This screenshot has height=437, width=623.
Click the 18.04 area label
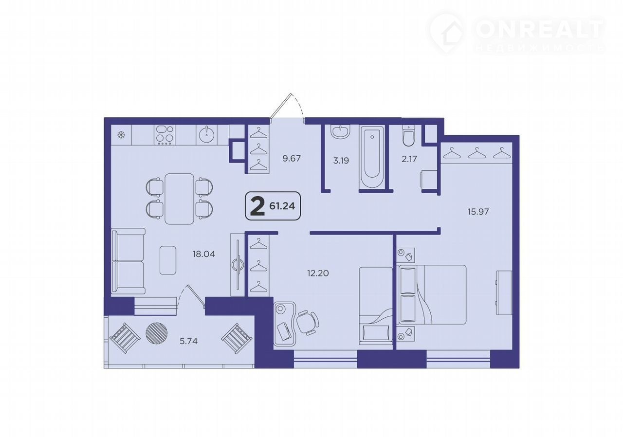[204, 254]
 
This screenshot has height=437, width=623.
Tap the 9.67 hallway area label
[292, 159]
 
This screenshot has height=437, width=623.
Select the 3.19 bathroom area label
[341, 161]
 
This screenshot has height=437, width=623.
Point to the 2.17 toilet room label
[409, 159]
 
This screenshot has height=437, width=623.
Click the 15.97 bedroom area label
[478, 212]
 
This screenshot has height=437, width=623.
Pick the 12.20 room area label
[318, 273]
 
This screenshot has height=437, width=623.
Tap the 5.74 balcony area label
[188, 341]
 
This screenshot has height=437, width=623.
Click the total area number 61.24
[282, 206]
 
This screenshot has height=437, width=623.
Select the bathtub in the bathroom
[372, 157]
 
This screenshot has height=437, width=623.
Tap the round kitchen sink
[207, 134]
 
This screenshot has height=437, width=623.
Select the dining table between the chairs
[179, 199]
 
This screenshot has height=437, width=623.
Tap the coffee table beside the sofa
[168, 260]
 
